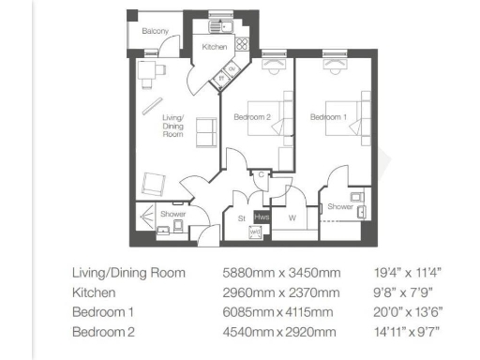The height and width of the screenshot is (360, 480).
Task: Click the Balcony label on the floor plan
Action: click(156, 31)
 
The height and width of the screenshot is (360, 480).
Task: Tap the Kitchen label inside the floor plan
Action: click(215, 47)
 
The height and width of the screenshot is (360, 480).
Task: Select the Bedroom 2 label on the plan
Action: click(252, 116)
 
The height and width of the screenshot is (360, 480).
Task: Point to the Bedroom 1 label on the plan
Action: click(328, 116)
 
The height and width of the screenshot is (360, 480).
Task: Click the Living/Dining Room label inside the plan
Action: click(173, 127)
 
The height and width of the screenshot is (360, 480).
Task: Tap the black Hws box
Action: click(262, 217)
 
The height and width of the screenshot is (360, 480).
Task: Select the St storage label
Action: click(241, 218)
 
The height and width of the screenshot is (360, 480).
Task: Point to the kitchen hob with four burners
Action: click(240, 42)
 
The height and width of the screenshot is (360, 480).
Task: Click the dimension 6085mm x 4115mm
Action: click(277, 312)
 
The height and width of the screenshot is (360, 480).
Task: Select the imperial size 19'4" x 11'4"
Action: click(407, 273)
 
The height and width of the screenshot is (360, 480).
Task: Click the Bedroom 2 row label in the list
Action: click(104, 332)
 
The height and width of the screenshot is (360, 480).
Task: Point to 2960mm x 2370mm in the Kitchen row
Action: click(277, 292)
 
